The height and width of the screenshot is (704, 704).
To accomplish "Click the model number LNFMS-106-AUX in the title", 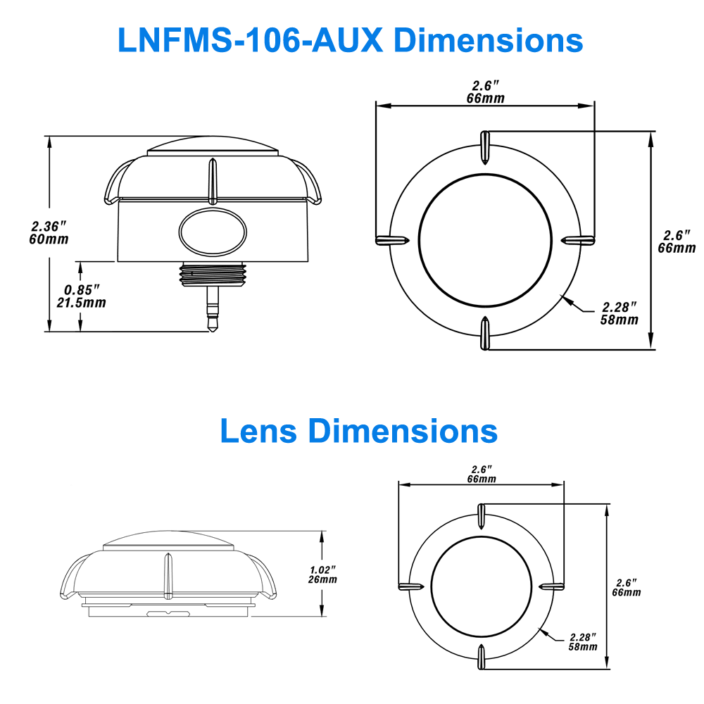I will pos(251,40).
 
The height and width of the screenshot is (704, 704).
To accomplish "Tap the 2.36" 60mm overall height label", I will pos(50,232).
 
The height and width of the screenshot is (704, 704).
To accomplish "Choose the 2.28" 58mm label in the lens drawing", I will pos(583,641).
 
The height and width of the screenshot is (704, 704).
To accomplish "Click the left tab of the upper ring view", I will pos(392,240).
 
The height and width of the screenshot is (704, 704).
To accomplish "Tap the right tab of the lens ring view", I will pos(551,586).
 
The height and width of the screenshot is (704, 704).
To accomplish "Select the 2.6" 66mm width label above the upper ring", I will pos(486,92).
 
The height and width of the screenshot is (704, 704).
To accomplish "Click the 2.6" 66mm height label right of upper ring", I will pos(677,241).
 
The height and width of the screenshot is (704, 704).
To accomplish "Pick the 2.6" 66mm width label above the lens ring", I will pos(482,474).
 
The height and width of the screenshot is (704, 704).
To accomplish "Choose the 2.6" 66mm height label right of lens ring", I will pos(627,587).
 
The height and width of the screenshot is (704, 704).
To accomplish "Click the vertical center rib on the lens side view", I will pos(168,575).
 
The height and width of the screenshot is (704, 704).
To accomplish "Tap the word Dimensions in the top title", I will pos(488,40).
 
